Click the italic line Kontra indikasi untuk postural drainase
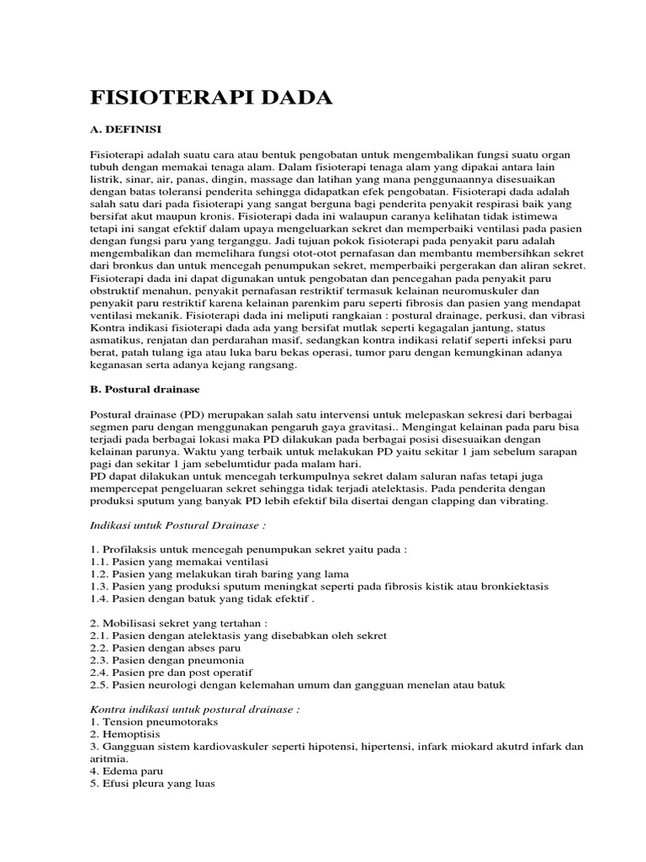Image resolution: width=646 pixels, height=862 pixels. (x=194, y=710)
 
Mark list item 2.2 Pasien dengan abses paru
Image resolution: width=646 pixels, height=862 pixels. (x=166, y=648)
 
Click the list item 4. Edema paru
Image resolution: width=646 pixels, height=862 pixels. (x=126, y=770)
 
